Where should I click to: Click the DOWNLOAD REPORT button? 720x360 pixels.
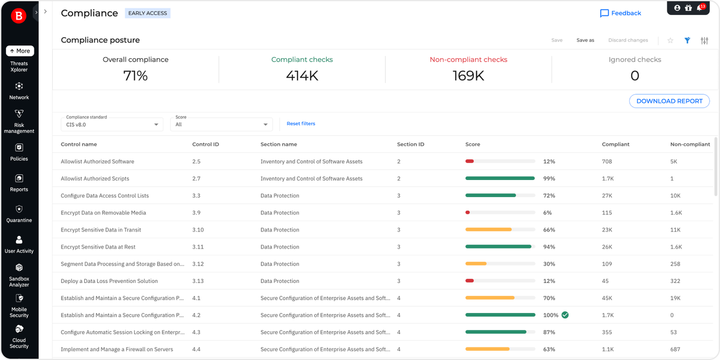669,101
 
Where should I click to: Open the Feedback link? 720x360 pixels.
620,13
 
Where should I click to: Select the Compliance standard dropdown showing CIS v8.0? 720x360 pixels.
111,125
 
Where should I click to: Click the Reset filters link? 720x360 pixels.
301,124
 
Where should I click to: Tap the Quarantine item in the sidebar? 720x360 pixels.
19,213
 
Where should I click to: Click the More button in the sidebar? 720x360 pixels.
20,51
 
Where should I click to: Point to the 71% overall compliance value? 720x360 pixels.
136,76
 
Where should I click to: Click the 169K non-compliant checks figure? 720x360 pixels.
468,76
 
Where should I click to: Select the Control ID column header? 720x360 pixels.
205,145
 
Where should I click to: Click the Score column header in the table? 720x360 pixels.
472,145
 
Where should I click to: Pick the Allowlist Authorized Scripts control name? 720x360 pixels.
95,179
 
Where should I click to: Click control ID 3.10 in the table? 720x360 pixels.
198,230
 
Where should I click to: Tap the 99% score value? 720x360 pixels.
549,179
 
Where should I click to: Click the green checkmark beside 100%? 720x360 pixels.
565,315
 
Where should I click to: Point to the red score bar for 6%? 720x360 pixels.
468,213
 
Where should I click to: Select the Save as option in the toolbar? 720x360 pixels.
585,40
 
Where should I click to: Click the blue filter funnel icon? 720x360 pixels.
687,40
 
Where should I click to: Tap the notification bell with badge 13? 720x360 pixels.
700,8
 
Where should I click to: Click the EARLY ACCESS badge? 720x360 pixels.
147,13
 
